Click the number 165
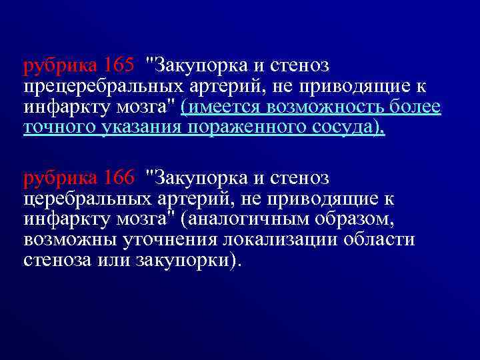click(x=119, y=67)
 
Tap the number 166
click(x=119, y=178)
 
